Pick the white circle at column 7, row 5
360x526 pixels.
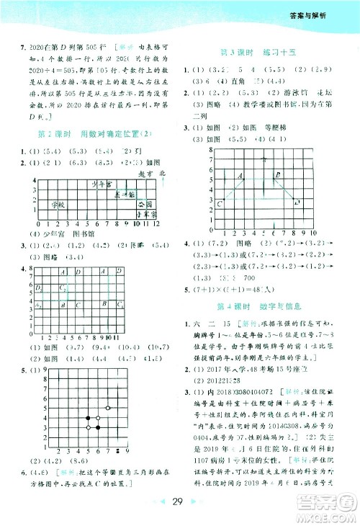pos(109,407)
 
